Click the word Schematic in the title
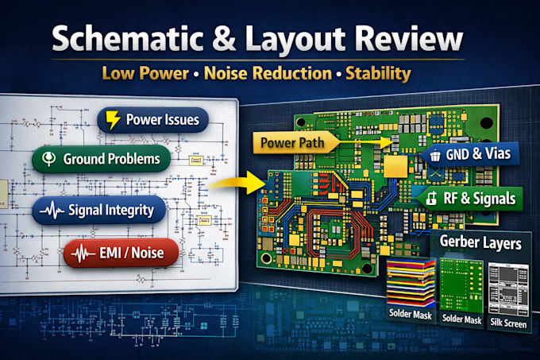(127, 38)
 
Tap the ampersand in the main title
(224, 39)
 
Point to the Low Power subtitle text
(145, 73)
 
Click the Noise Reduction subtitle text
(268, 73)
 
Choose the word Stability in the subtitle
(378, 74)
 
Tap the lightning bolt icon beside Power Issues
(113, 120)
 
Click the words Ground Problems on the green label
(111, 159)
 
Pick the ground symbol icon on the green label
(48, 158)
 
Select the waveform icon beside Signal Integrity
(52, 210)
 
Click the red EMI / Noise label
(121, 254)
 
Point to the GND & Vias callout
(470, 154)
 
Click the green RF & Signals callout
(470, 199)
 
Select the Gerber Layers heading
(480, 242)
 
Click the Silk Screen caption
(508, 323)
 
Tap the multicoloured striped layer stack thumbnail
(411, 283)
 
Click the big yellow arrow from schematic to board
(237, 183)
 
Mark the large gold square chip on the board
(395, 166)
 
